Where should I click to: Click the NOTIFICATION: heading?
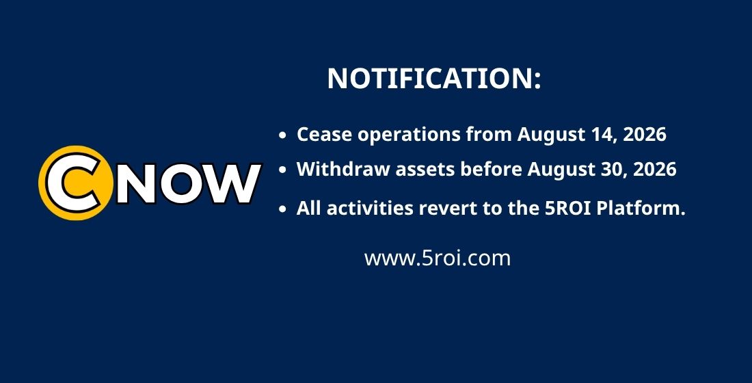click(x=434, y=78)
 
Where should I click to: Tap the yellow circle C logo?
click(x=76, y=183)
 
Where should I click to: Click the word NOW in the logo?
click(x=189, y=183)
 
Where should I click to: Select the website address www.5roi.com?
click(x=438, y=259)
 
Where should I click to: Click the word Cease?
click(x=325, y=134)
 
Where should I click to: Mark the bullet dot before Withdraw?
click(x=282, y=170)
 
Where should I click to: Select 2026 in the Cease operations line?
click(x=645, y=134)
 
